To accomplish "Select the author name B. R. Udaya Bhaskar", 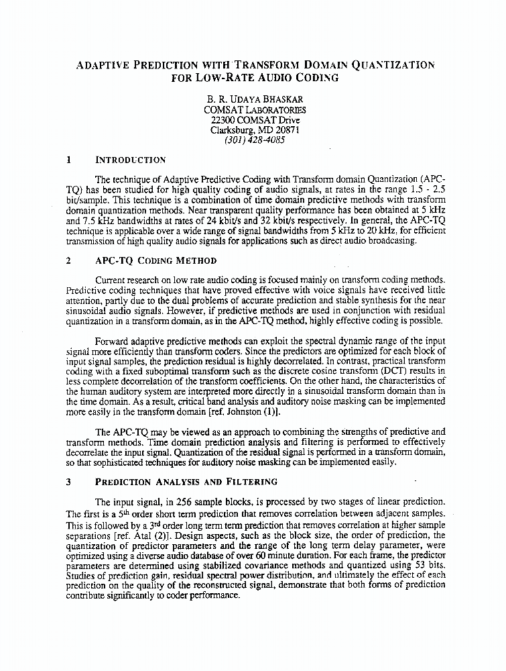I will tap(254, 99).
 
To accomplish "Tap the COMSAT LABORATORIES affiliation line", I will tap(254, 110).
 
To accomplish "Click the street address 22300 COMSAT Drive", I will tap(254, 120).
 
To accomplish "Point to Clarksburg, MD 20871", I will tap(254, 130).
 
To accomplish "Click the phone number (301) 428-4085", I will tap(254, 140).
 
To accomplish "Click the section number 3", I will tap(69, 481).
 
